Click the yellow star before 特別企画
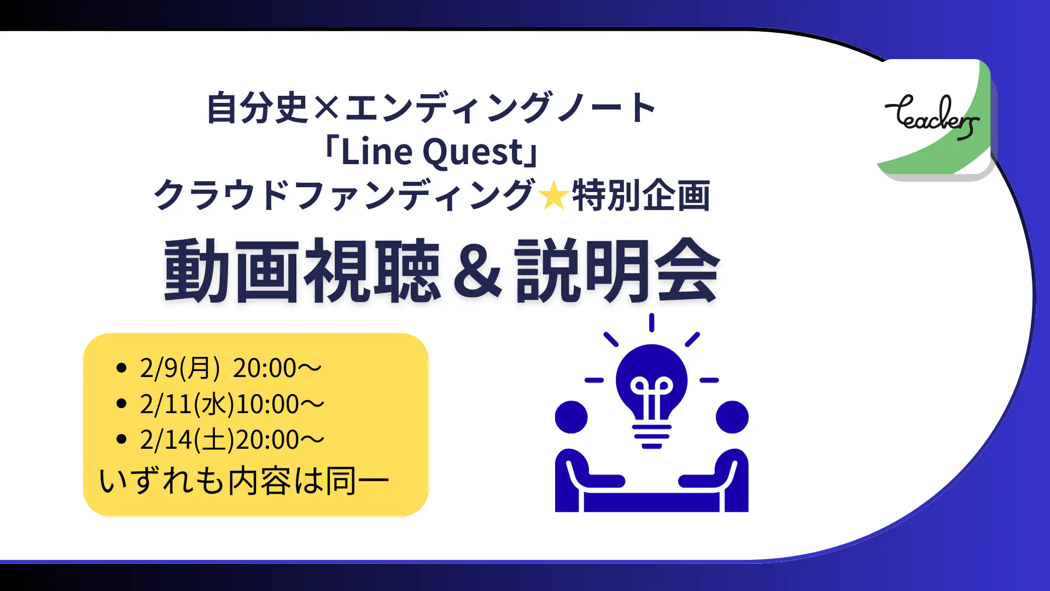[553, 196]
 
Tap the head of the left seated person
[571, 417]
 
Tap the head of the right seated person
[732, 417]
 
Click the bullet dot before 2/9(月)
[121, 368]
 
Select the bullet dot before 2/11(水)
[121, 404]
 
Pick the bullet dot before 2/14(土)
[121, 439]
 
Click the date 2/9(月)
[180, 368]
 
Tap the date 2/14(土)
[187, 439]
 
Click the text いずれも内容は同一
[244, 481]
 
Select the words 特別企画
[641, 195]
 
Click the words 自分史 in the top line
[258, 108]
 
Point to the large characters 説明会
[617, 271]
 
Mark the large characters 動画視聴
[302, 271]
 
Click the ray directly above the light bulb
[651, 322]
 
